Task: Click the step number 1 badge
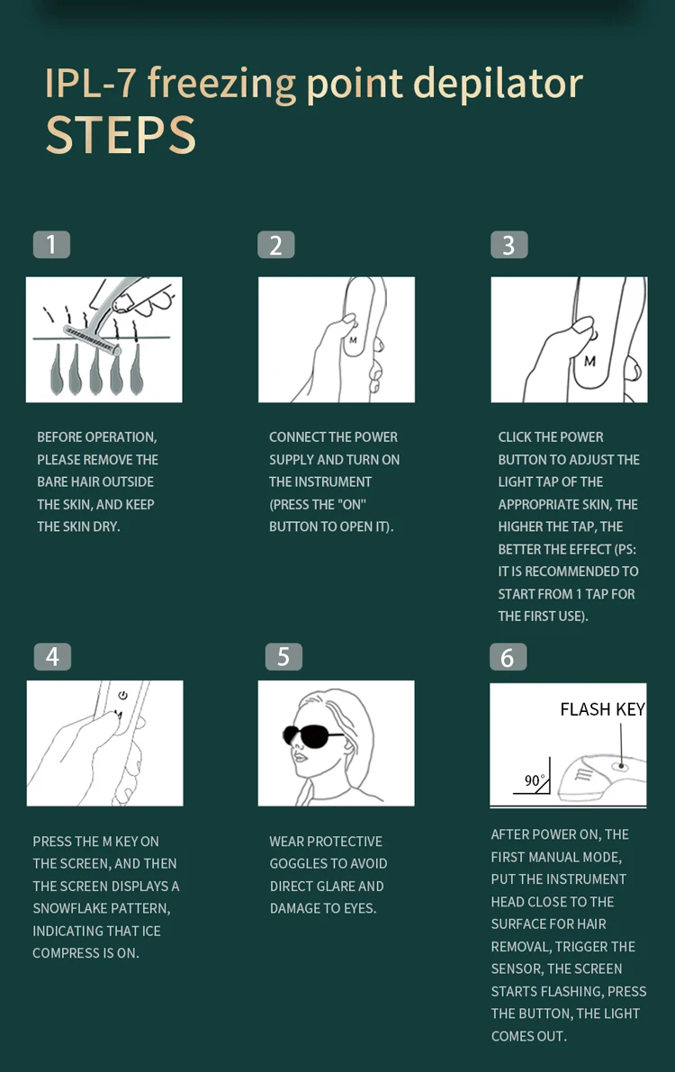51,245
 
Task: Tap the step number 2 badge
275,245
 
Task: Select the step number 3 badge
508,245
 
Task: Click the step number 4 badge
53,656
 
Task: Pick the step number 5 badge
283,656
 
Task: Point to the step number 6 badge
508,657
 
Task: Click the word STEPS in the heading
121,135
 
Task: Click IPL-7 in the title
90,84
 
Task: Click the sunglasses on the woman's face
312,736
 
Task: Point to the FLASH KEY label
602,709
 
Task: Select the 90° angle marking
534,780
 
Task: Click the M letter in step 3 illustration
589,361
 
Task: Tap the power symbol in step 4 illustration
122,695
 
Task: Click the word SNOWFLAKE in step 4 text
69,908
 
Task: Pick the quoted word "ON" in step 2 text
352,505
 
